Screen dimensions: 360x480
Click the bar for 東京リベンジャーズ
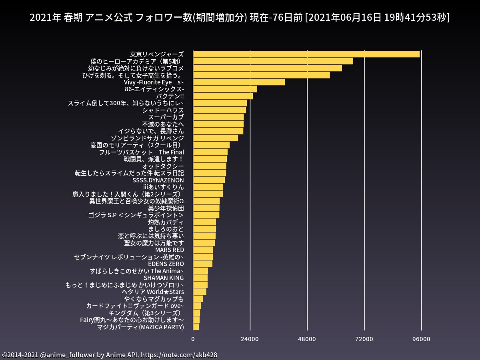pos(306,54)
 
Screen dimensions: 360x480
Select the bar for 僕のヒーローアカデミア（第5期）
pos(273,61)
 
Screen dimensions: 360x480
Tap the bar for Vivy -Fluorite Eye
pos(239,82)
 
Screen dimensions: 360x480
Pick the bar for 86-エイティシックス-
pos(225,89)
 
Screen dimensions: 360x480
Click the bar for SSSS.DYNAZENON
pos(209,180)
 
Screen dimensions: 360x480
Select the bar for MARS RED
pos(203,250)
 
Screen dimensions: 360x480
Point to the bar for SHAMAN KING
pos(200,278)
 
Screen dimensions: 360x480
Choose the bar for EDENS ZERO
pos(202,264)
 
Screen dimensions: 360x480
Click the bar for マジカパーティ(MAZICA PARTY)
pos(196,327)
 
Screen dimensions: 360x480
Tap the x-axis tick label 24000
pos(250,339)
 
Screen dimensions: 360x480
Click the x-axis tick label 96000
pos(421,339)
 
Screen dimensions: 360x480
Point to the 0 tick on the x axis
pos(193,339)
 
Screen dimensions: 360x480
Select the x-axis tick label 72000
pos(364,339)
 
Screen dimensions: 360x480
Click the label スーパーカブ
pos(166,117)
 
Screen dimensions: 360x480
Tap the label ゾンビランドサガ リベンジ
pos(147,138)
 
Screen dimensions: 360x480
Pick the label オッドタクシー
pos(163,166)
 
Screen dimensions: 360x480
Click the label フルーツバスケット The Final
pos(141,152)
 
